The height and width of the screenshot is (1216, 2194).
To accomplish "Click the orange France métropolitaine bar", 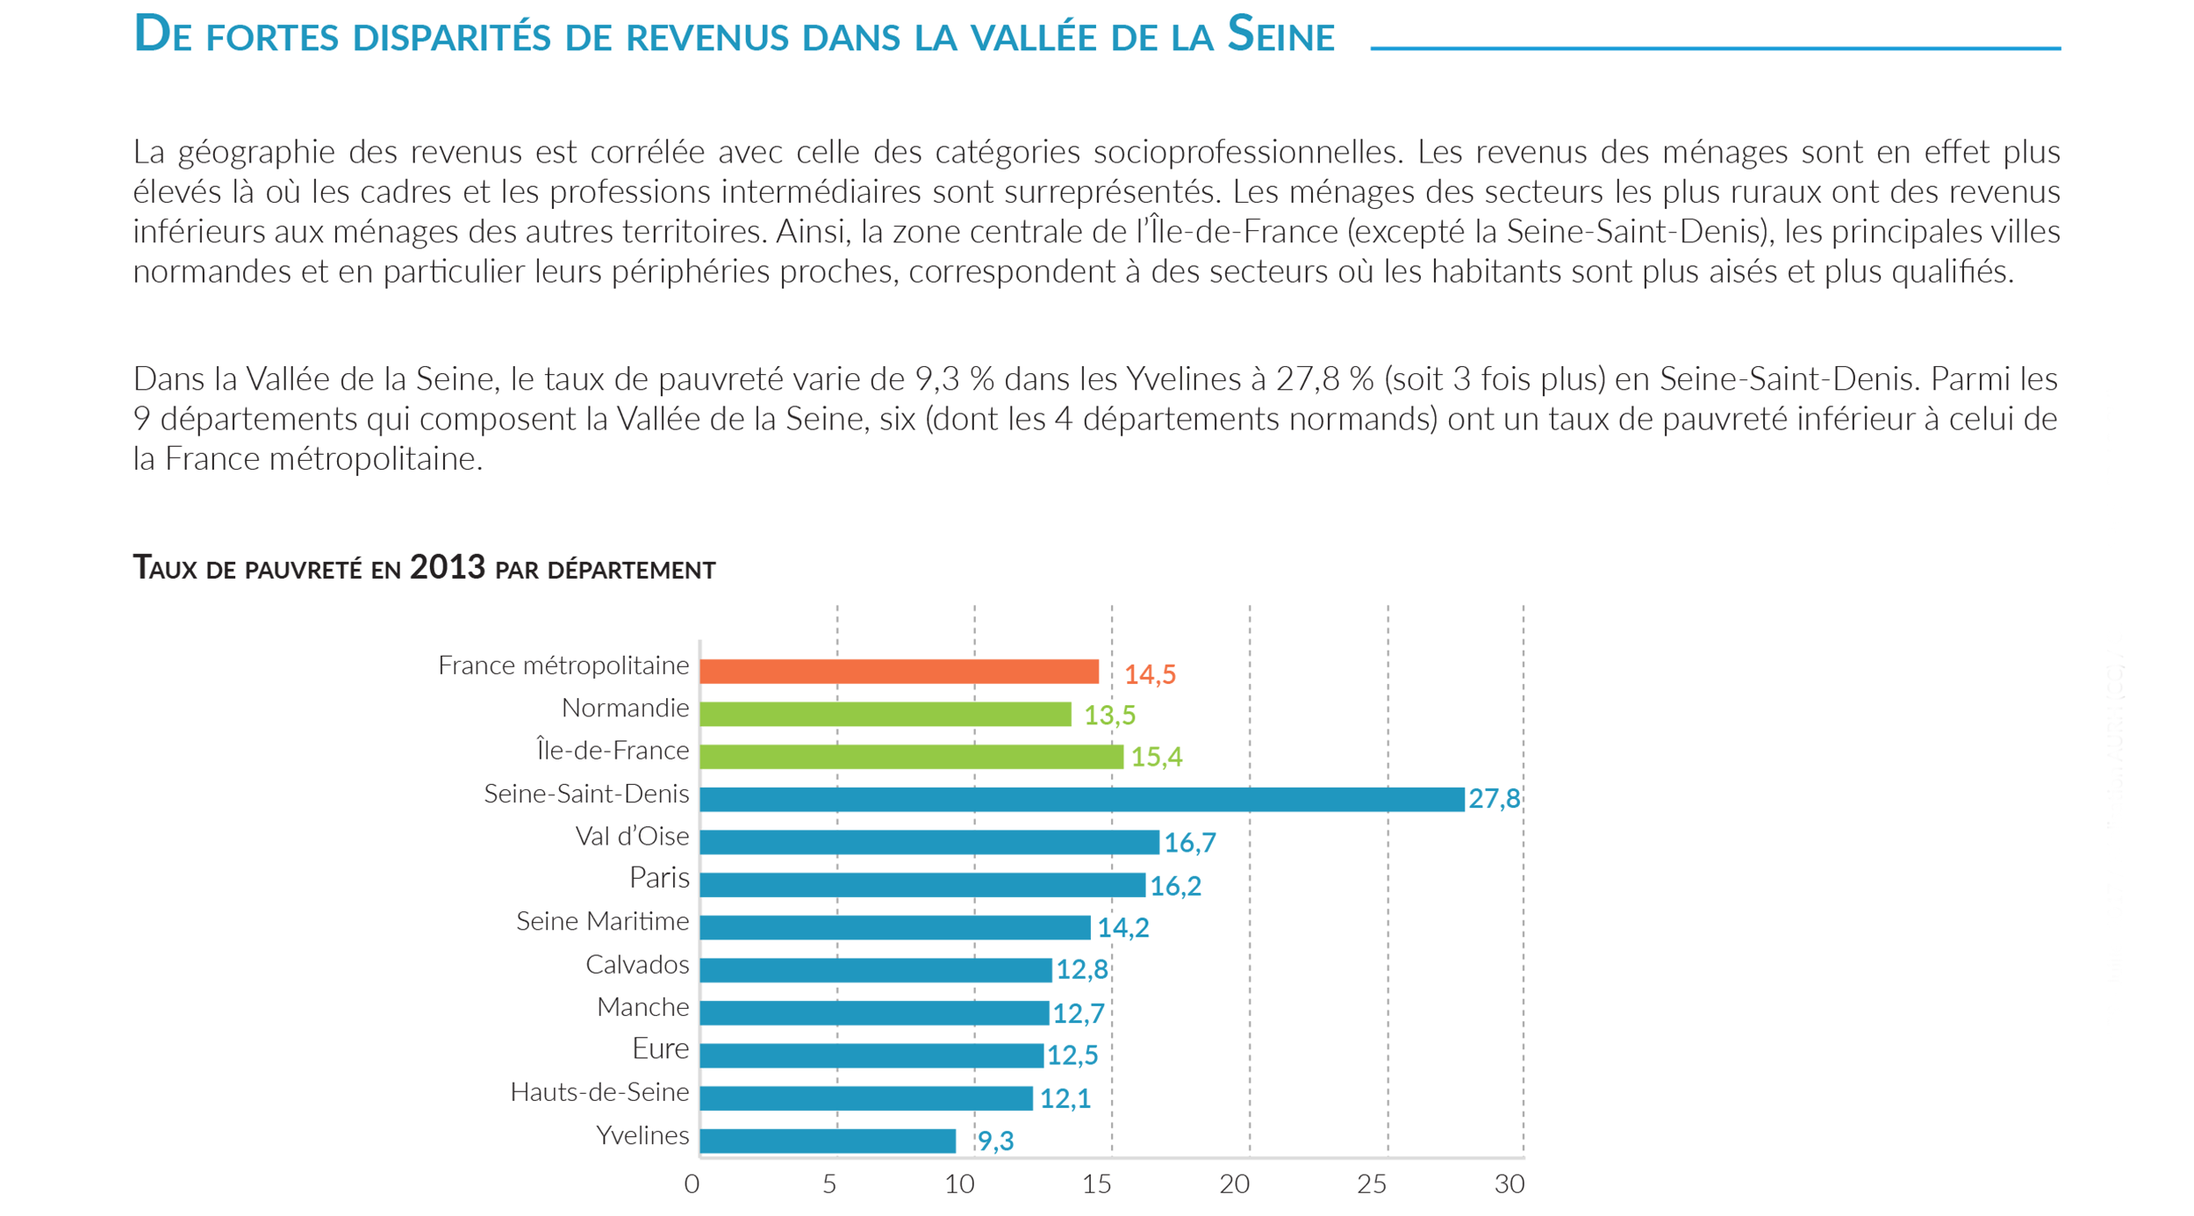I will [x=899, y=672].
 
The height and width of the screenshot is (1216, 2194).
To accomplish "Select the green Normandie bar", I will [x=885, y=714].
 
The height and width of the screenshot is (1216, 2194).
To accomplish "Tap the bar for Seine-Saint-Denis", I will [x=1081, y=799].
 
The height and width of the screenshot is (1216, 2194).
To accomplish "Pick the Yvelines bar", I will [x=828, y=1140].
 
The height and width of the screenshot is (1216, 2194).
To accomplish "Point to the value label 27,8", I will [x=1494, y=798].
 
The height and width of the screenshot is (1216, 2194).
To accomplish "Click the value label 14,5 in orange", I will [x=1150, y=674].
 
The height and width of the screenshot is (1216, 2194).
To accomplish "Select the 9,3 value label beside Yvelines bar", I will [x=995, y=1140].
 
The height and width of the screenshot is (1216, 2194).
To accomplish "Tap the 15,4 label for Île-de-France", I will [x=1156, y=756].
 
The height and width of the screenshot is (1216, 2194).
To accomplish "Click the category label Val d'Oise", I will [x=632, y=837].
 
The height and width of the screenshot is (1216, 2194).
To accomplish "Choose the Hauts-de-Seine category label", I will [x=599, y=1092].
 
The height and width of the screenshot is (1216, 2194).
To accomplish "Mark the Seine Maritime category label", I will [x=602, y=921].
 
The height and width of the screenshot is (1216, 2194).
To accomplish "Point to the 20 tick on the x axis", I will [x=1234, y=1184].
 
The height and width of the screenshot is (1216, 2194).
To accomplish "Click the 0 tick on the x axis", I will [x=692, y=1184].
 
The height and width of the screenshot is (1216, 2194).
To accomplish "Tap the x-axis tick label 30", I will [x=1509, y=1184].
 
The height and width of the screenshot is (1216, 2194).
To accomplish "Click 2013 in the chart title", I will [x=447, y=567].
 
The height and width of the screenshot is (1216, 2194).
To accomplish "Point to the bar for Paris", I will [x=922, y=884].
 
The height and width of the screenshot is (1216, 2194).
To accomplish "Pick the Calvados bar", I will [x=875, y=969].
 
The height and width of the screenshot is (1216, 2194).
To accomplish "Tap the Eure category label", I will [x=660, y=1048].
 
